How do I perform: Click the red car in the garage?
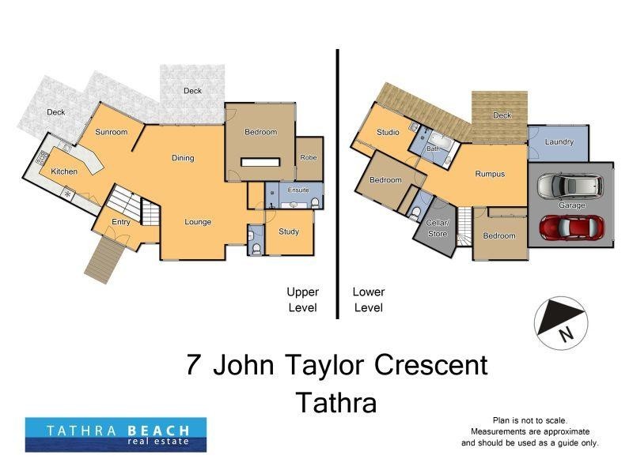tap(570, 227)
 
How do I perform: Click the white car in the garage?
tap(569, 187)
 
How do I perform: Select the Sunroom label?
tap(111, 133)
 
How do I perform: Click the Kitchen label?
tap(64, 171)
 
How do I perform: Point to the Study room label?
tap(289, 232)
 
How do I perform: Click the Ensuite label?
tap(298, 190)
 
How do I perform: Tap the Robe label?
tap(308, 158)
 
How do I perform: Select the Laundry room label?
tap(559, 142)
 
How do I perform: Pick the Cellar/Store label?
tap(438, 228)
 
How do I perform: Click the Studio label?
tap(388, 133)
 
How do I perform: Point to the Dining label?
tap(183, 159)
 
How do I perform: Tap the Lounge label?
tap(198, 222)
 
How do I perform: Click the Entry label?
tap(120, 222)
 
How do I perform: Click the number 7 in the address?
tap(192, 365)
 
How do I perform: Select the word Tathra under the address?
tap(335, 403)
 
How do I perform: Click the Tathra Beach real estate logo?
tap(116, 434)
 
